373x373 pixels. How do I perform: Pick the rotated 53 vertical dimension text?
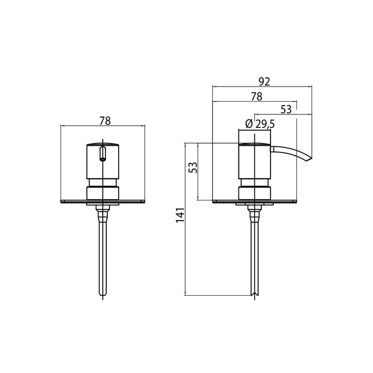point(192,168)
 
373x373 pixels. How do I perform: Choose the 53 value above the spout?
point(286,109)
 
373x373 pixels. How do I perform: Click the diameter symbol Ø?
point(248,124)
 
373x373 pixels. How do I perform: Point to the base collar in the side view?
point(254,193)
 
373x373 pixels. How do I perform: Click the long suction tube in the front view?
point(102,256)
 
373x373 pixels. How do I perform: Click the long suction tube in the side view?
point(254,256)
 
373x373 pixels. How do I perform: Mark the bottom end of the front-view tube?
point(102,297)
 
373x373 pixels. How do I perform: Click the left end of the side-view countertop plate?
point(213,201)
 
